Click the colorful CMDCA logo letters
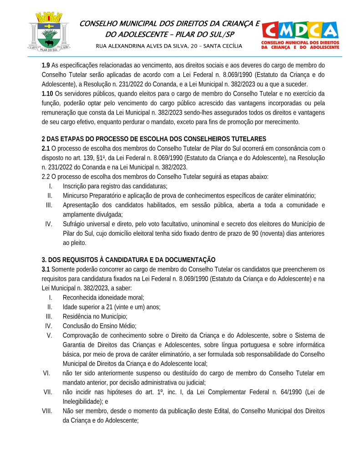click(300, 30)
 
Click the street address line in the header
click(169, 46)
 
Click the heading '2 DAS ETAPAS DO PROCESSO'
click(154, 139)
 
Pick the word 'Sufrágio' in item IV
click(74, 224)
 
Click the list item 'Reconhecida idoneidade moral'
click(103, 298)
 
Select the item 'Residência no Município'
click(95, 316)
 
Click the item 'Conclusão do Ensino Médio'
click(99, 326)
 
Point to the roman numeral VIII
click(46, 411)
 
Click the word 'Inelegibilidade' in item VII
click(82, 401)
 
